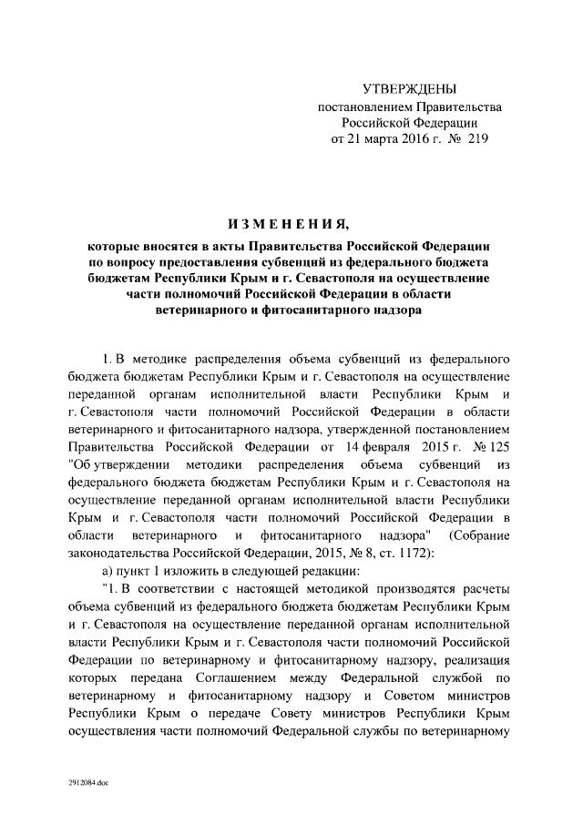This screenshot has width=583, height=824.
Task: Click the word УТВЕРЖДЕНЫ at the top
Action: [410, 88]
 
